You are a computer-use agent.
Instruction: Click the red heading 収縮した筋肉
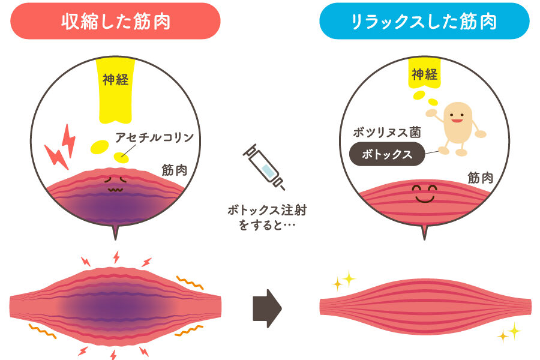[x=116, y=22]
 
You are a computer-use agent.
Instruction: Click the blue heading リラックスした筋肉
[x=424, y=22]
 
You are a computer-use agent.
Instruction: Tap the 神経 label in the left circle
[x=116, y=80]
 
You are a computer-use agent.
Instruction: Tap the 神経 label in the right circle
[x=425, y=74]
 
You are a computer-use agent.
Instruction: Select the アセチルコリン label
[x=155, y=137]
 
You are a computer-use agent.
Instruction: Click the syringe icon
[x=264, y=167]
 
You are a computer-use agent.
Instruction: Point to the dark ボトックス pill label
[x=387, y=154]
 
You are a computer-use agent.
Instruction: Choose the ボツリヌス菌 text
[x=387, y=132]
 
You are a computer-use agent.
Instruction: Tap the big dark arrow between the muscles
[x=267, y=308]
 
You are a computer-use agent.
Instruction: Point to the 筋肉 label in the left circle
[x=175, y=170]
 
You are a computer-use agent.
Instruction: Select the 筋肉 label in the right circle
[x=481, y=178]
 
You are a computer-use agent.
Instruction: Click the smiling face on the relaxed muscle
[x=425, y=194]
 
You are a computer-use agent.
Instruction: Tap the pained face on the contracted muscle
[x=116, y=184]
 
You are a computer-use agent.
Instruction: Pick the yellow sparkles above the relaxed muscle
[x=344, y=280]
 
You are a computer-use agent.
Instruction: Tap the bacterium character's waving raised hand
[x=431, y=113]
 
